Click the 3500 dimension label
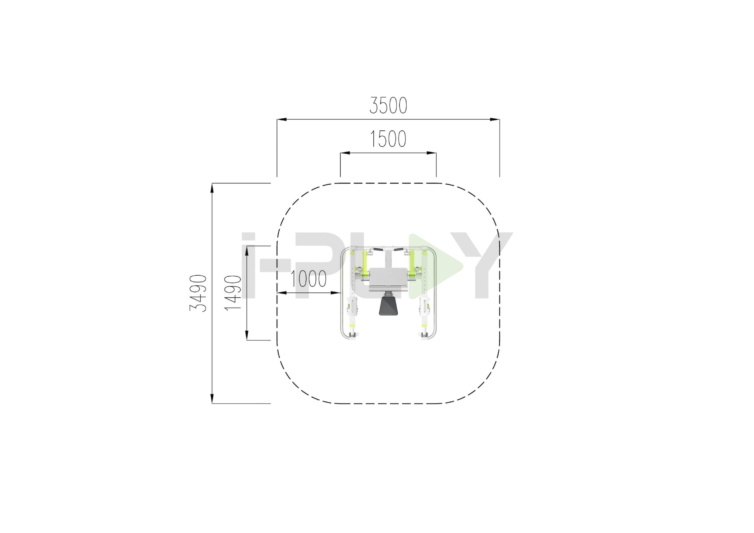pos(388,105)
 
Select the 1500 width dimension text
pos(388,139)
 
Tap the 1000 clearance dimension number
pos(308,279)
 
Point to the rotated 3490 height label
pos(198,293)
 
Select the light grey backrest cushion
pos(388,277)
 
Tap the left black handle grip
pos(378,250)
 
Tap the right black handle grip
pos(399,250)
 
